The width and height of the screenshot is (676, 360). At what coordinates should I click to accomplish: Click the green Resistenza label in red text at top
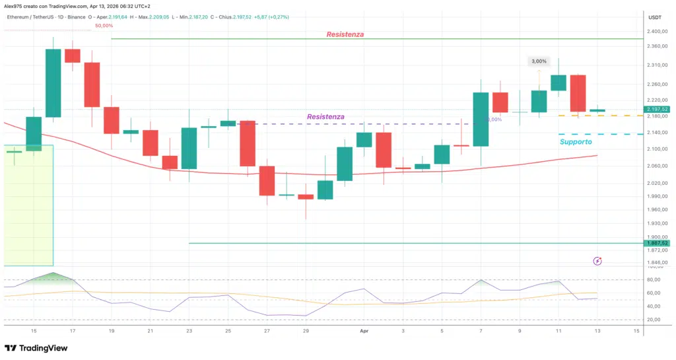(x=345, y=34)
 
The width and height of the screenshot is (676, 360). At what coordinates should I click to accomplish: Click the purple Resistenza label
(x=325, y=117)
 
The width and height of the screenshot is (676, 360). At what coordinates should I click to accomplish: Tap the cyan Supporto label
(x=576, y=141)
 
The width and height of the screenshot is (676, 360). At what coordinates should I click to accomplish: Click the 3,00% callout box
(x=538, y=61)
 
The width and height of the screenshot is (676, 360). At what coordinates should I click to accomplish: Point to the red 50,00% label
(x=104, y=26)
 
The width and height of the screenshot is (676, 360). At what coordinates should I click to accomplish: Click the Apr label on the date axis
(x=364, y=330)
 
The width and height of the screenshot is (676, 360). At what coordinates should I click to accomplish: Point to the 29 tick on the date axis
(x=306, y=330)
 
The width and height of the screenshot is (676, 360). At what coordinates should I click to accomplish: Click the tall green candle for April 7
(x=481, y=120)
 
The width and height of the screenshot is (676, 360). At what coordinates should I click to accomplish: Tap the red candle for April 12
(x=578, y=93)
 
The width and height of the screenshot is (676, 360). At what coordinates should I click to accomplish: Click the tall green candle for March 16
(x=53, y=83)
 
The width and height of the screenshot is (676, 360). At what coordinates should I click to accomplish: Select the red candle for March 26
(x=248, y=143)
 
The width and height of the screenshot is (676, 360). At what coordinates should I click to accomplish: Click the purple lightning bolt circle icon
(x=597, y=261)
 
